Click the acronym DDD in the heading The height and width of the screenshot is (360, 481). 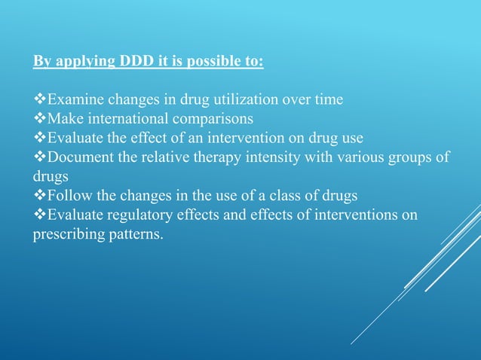pos(131,60)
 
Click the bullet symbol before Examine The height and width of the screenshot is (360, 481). pos(40,99)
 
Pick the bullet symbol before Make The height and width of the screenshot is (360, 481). pos(40,119)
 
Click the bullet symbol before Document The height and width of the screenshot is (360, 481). pos(40,157)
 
